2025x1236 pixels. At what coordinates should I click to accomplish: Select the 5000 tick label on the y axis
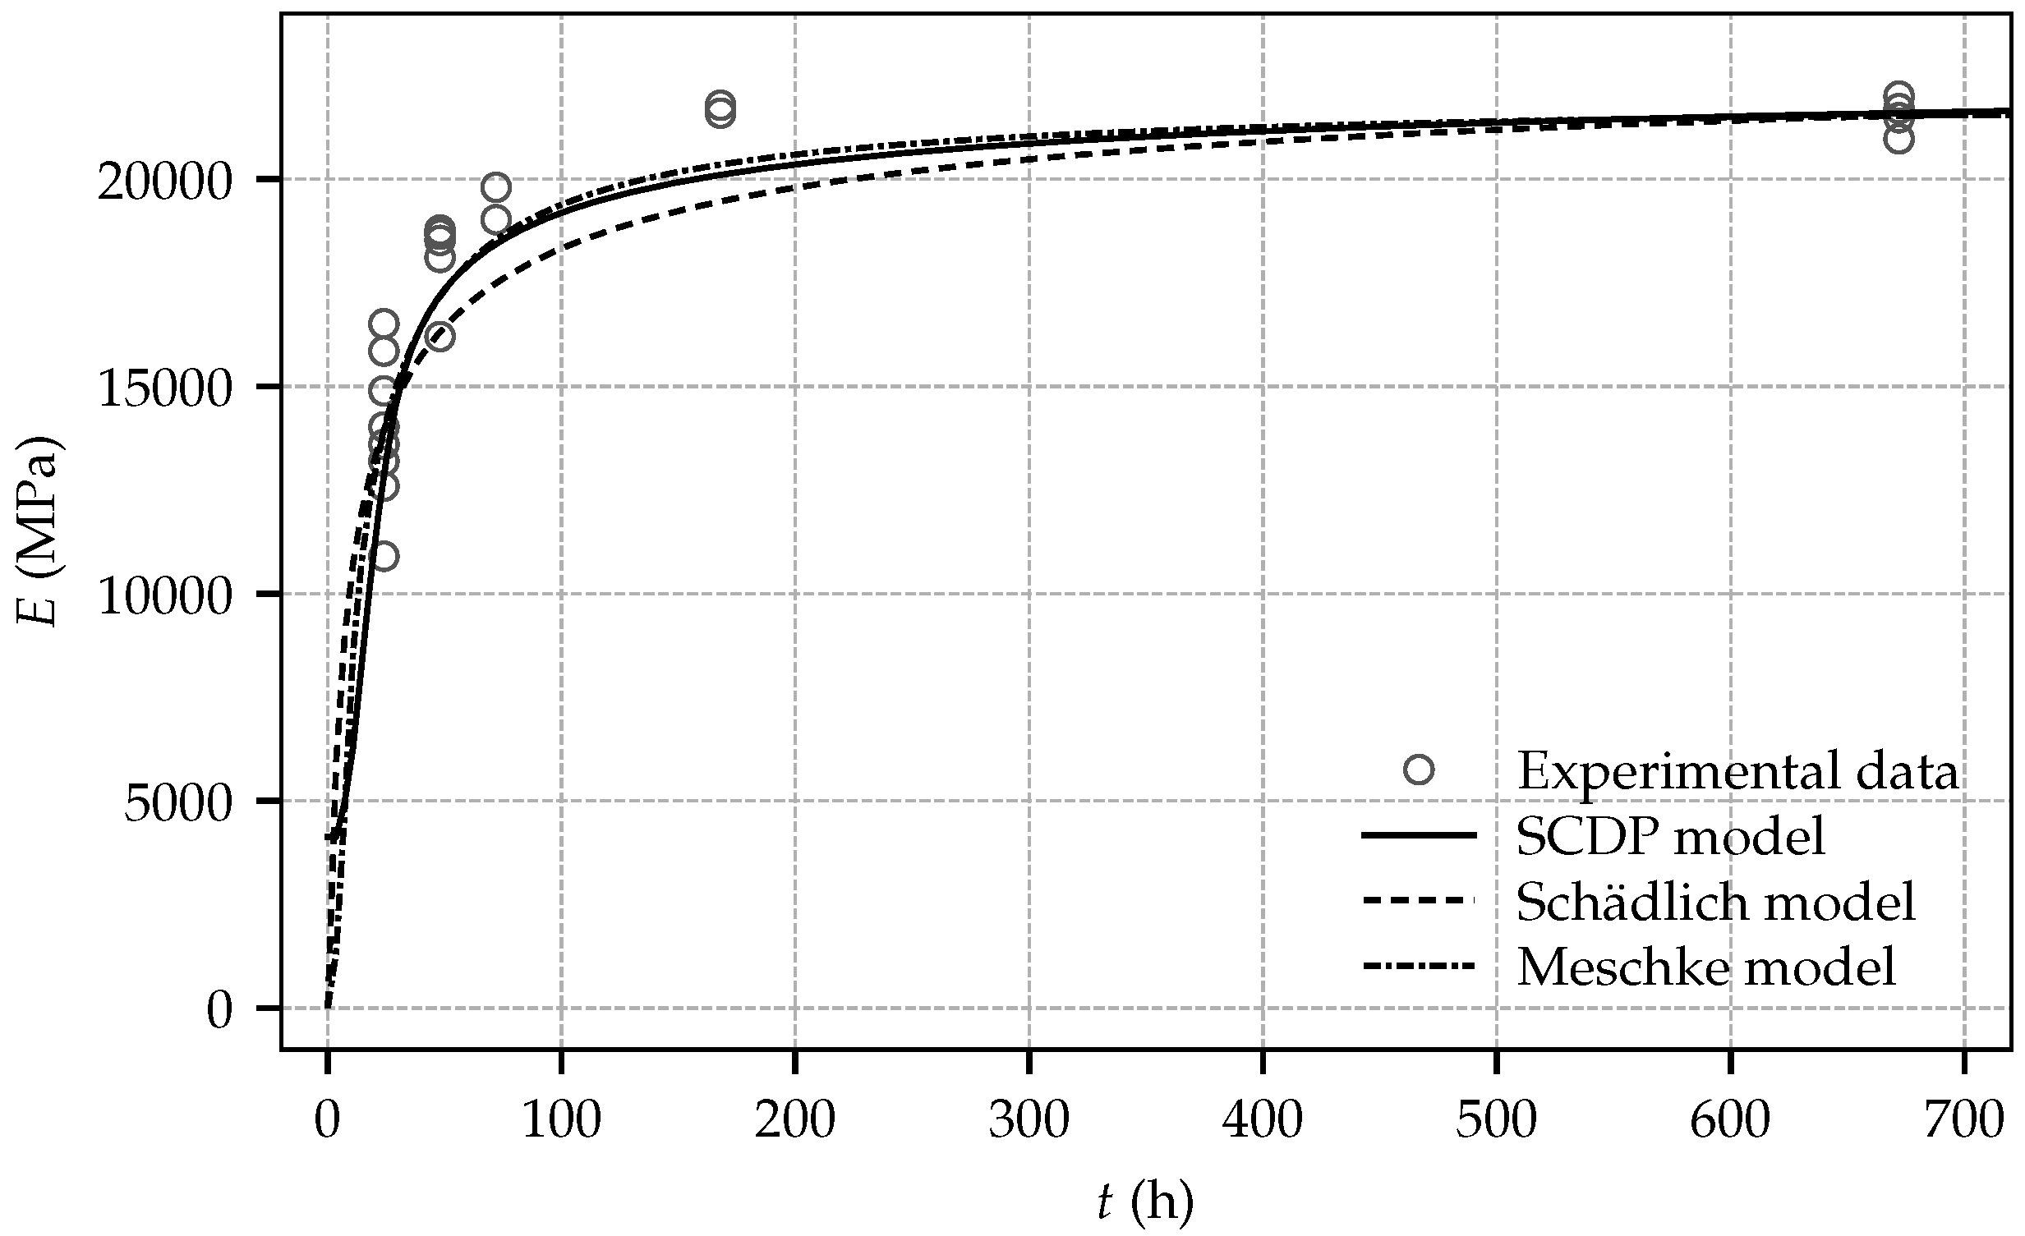tap(179, 805)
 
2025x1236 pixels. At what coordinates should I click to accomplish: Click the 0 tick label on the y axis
tap(219, 1011)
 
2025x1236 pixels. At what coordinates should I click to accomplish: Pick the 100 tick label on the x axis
tap(561, 1119)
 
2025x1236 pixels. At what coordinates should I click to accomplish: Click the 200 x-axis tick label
tap(795, 1119)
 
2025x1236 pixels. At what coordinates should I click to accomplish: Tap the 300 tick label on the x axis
tap(1029, 1119)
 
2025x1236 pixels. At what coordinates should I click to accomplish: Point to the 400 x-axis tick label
tap(1263, 1119)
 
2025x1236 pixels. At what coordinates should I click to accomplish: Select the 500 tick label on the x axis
tap(1496, 1119)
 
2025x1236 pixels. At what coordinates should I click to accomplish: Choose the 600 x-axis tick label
tap(1730, 1119)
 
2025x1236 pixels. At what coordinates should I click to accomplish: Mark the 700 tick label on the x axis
tap(1963, 1119)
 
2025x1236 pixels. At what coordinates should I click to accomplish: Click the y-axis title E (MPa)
tap(39, 531)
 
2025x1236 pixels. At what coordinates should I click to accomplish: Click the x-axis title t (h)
tap(1146, 1202)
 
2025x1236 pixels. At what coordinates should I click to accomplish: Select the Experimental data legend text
tap(1737, 772)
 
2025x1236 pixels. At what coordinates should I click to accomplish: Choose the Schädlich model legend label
tap(1716, 902)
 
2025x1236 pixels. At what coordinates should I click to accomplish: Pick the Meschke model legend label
tap(1706, 967)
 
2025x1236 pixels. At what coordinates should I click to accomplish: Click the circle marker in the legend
tap(1420, 770)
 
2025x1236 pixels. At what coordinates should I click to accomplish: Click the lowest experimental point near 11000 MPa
tap(384, 557)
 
